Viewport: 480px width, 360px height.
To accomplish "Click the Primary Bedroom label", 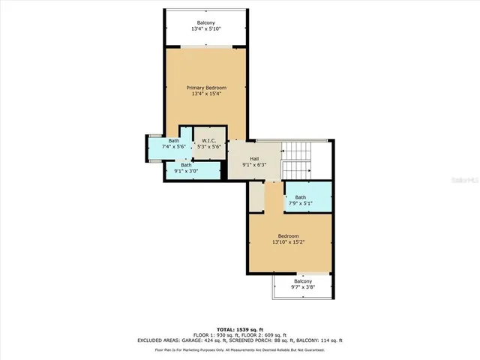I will click(206, 88).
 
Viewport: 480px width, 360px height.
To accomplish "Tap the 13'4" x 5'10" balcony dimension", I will click(206, 29).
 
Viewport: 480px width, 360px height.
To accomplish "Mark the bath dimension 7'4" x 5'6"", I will click(173, 147).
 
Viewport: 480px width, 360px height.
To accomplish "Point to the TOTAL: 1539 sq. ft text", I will click(240, 329).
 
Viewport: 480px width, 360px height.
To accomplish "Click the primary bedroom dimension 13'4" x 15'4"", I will click(206, 94).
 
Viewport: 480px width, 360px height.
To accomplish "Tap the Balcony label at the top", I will click(206, 22).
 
